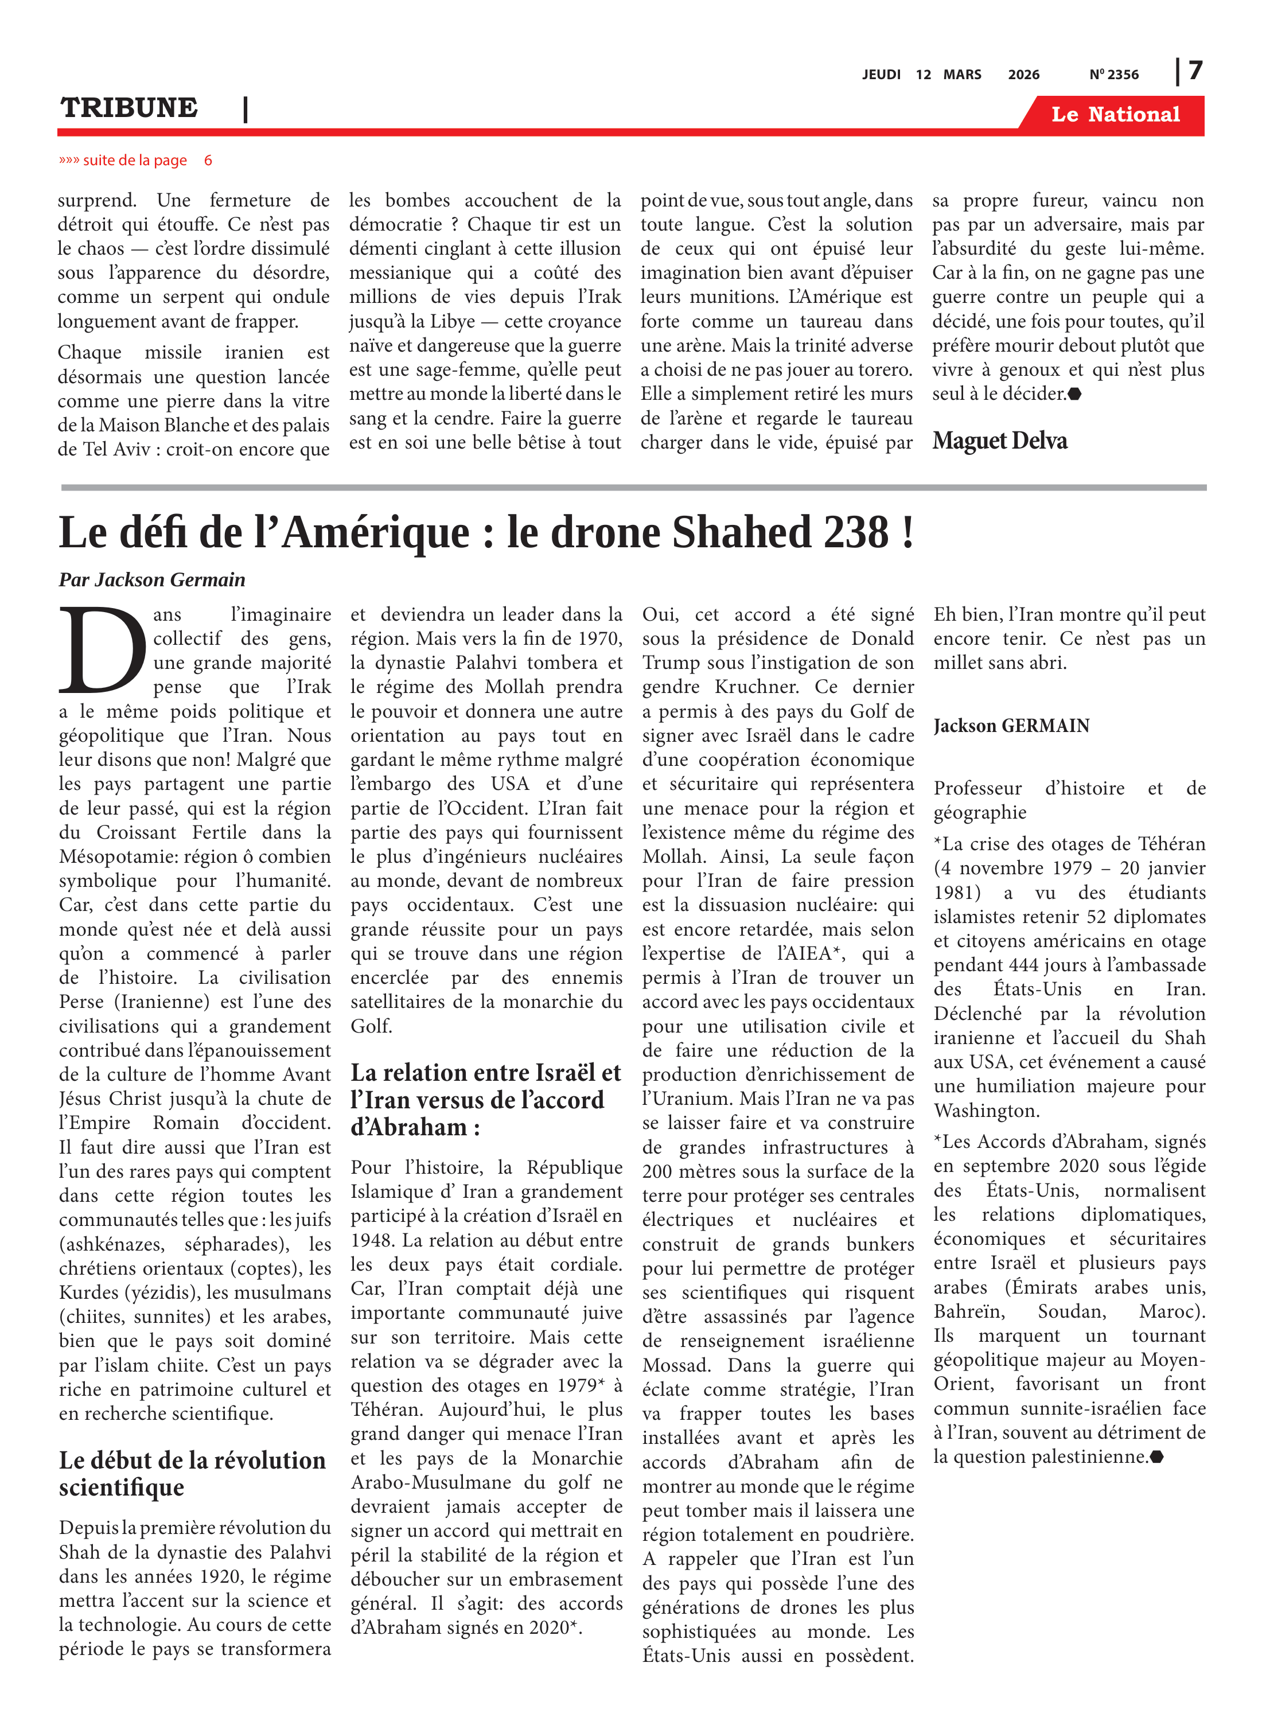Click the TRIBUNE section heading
(x=129, y=108)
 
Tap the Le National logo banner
(x=1115, y=115)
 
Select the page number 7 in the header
(x=1195, y=71)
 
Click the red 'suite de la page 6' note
(x=135, y=161)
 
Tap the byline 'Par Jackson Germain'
(x=152, y=580)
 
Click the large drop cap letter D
(x=102, y=650)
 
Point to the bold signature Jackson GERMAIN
(x=1011, y=726)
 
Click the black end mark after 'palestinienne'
(x=1156, y=1457)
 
